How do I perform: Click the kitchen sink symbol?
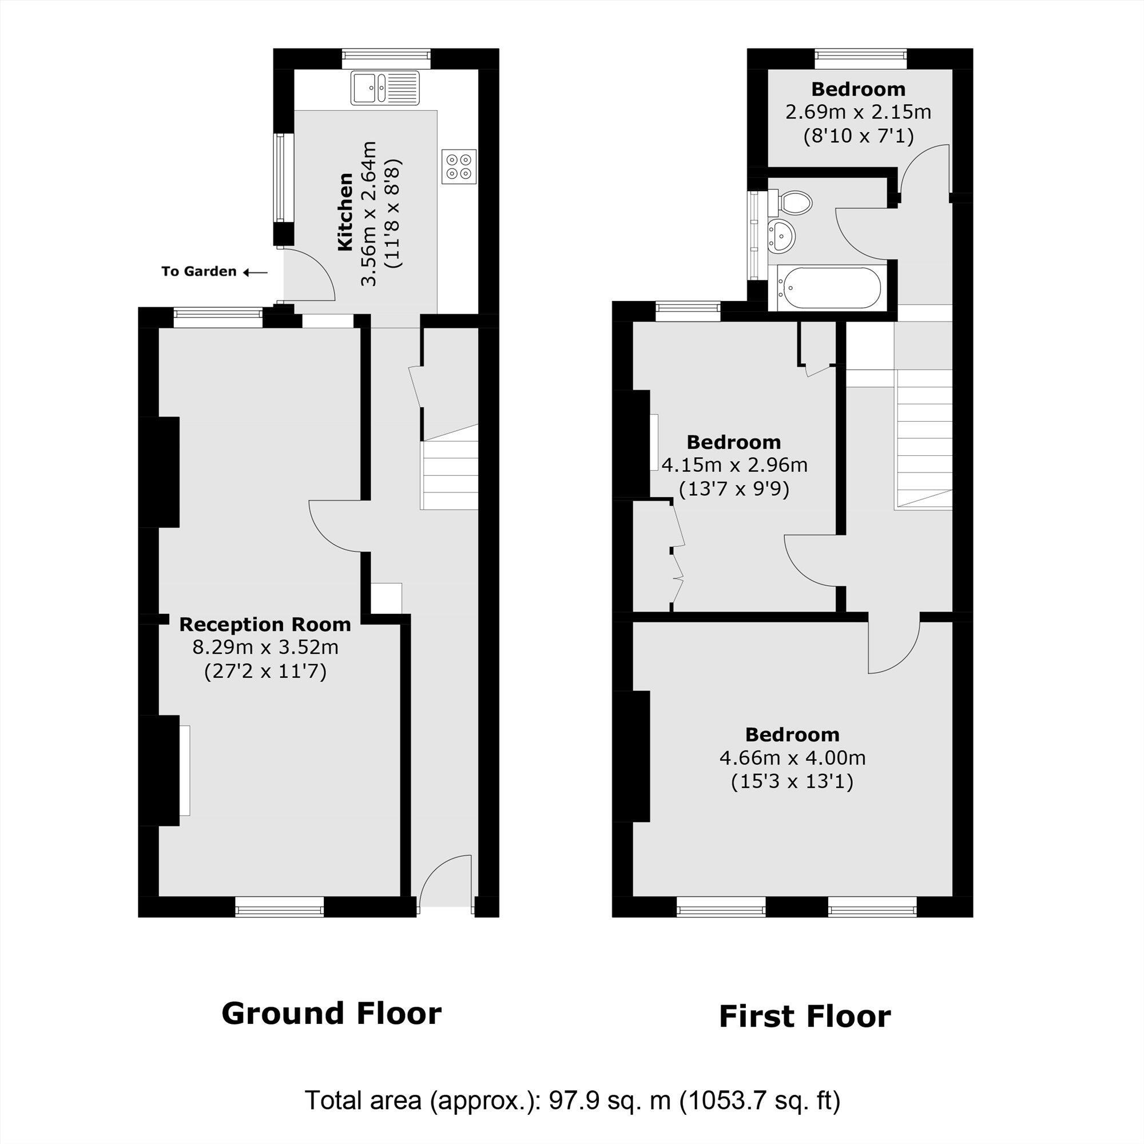pos(384,88)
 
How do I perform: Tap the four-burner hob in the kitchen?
pos(459,166)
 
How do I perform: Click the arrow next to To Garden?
pos(256,272)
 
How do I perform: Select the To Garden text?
pos(199,272)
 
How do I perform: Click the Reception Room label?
pos(265,625)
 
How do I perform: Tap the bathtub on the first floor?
pos(829,288)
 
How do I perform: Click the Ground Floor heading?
pos(332,1013)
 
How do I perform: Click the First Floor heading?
pos(805,1016)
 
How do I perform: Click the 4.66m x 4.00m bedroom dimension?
pos(792,758)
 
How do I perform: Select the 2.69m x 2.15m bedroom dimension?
pos(858,112)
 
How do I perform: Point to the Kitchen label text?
pos(345,212)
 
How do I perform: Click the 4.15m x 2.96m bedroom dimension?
pos(734,466)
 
